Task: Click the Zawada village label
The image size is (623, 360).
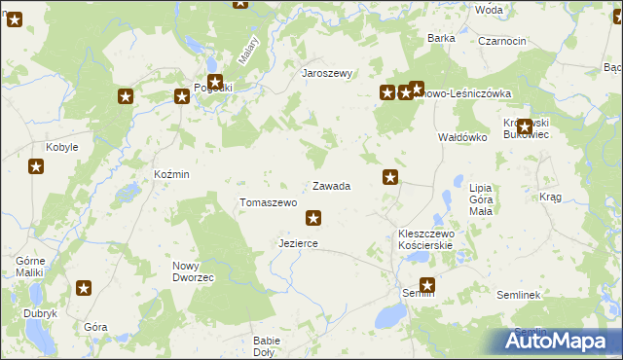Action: click(x=331, y=185)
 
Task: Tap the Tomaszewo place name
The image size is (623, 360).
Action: click(x=268, y=202)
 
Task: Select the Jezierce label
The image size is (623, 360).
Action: click(x=298, y=243)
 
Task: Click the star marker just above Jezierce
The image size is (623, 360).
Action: click(x=312, y=218)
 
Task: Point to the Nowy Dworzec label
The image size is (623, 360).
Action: click(x=193, y=271)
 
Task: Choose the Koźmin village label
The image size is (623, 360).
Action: click(x=171, y=173)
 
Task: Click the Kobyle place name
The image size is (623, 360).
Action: click(x=62, y=147)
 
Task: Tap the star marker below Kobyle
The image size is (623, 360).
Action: click(x=36, y=167)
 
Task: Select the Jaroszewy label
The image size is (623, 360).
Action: click(x=327, y=73)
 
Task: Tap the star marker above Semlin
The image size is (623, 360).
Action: click(x=426, y=285)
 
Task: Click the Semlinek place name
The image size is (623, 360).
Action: click(x=518, y=294)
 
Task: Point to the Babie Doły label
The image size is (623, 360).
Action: click(x=266, y=346)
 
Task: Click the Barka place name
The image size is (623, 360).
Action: click(x=442, y=38)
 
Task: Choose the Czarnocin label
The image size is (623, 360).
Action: click(x=502, y=42)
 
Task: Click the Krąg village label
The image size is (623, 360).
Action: click(x=550, y=197)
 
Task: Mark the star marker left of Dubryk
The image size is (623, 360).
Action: click(x=84, y=288)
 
